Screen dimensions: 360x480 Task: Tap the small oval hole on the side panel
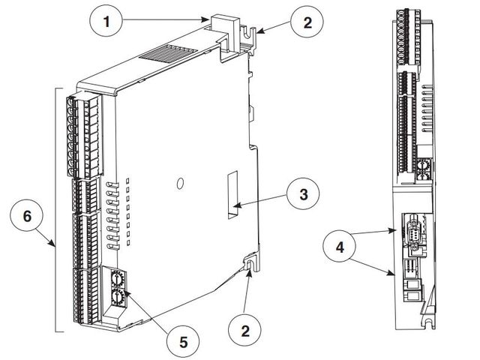179,183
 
